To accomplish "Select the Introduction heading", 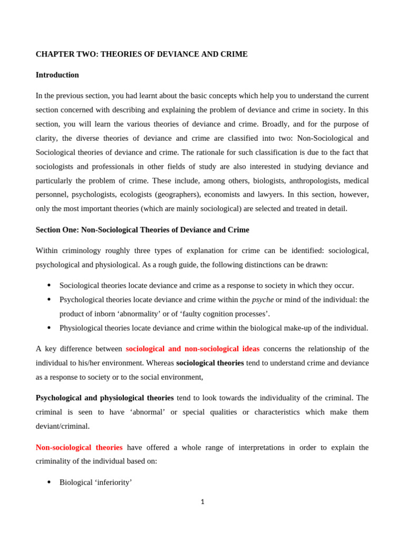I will pos(57,75).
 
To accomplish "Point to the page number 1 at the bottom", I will pos(202,502).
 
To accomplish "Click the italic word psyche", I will pos(263,300).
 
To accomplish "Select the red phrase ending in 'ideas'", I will pos(192,349).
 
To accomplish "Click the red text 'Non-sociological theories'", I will pos(79,447).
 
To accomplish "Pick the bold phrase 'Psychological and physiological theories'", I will pos(104,398).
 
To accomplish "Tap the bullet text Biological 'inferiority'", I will pos(95,482).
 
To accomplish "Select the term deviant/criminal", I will pos(62,426).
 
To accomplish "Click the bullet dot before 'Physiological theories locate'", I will pos(49,328).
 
